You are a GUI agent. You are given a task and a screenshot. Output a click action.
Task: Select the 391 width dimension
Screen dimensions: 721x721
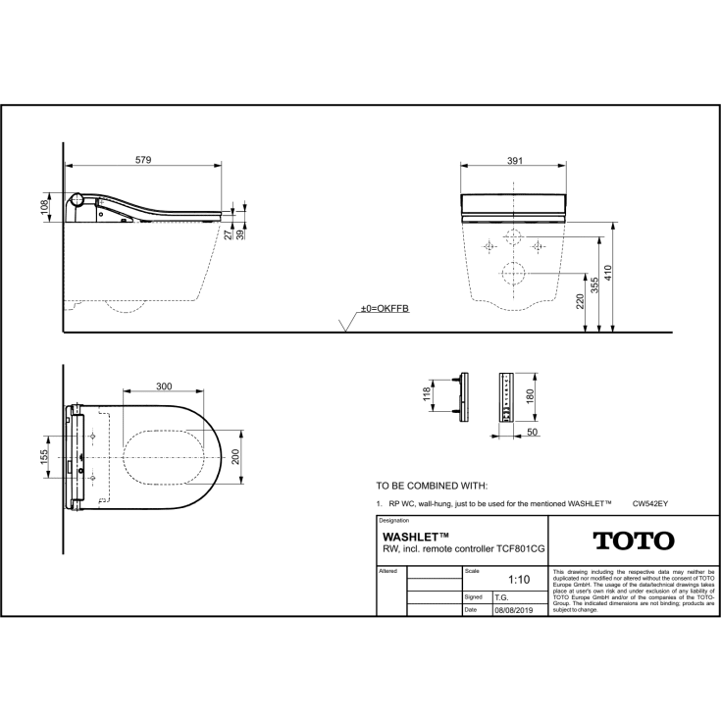515,160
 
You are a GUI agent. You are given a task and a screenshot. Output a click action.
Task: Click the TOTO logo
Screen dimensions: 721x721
634,541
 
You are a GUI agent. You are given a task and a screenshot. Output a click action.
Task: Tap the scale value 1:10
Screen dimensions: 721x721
519,580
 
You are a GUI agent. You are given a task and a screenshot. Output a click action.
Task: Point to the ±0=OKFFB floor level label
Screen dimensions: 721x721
384,309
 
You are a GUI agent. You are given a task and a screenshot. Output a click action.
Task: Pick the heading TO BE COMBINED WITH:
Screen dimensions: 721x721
432,486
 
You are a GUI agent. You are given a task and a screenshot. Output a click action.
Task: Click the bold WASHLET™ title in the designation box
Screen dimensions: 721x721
415,538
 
